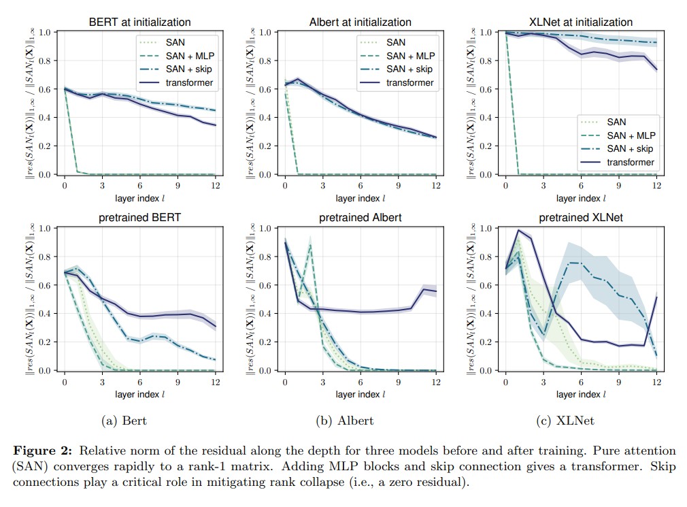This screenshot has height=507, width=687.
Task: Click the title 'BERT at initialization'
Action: [139, 22]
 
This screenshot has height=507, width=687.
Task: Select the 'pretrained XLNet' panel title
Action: [580, 218]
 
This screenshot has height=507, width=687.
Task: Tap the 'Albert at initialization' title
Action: [361, 22]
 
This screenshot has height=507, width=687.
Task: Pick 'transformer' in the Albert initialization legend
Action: [410, 83]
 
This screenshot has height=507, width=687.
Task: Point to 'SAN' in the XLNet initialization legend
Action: [616, 122]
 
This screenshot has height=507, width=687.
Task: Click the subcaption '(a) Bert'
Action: [124, 421]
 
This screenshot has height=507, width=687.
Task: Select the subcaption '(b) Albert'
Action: [345, 421]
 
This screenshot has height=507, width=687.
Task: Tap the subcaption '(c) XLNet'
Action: [566, 421]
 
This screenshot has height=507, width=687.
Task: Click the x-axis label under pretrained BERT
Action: [139, 394]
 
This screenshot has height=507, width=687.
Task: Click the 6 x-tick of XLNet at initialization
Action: [580, 186]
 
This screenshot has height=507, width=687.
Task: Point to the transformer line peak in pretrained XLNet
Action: [518, 230]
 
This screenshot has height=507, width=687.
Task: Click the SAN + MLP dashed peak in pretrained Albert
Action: [310, 245]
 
